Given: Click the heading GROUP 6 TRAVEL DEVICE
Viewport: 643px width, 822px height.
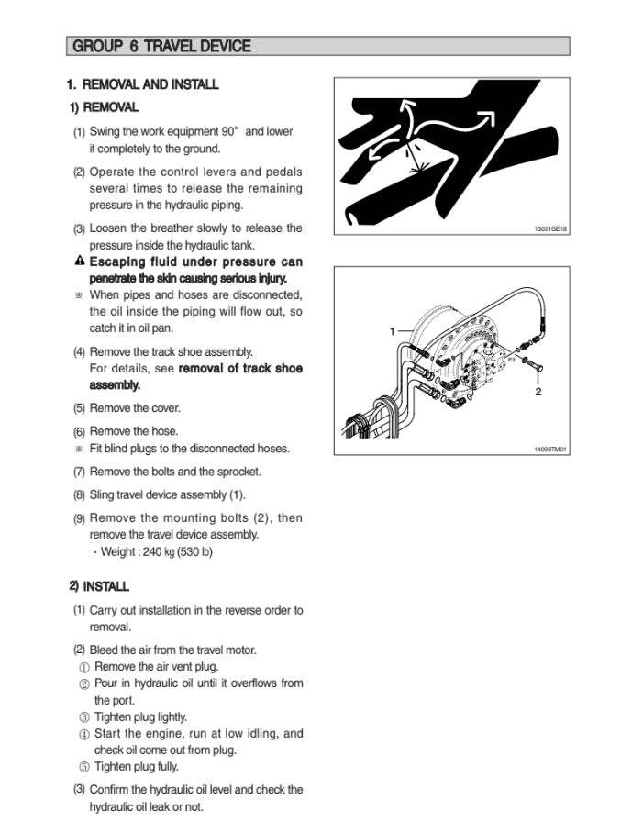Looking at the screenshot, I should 161,46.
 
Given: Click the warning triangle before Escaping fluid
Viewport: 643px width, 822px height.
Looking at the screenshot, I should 80,261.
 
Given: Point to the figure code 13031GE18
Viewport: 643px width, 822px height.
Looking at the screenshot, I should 550,228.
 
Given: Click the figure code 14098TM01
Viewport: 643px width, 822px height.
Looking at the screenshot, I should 550,450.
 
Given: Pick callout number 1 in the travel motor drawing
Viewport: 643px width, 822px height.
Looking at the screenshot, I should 392,330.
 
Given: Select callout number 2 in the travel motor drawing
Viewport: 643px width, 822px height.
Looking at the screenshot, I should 538,392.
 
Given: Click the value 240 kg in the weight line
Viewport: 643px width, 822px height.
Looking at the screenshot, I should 151,552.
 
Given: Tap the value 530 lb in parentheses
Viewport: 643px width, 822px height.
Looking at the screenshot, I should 194,552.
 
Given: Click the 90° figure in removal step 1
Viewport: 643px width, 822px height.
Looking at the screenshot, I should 224,131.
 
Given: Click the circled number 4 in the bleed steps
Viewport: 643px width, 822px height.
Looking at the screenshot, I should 84,734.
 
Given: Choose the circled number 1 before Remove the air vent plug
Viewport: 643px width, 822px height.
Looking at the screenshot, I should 84,667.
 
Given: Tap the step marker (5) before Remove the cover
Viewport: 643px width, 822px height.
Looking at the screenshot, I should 79,408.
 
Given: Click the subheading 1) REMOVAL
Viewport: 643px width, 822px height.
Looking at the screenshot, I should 105,108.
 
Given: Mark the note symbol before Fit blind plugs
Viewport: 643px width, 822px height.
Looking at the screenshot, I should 79,449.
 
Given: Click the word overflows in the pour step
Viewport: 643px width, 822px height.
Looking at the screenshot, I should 251,683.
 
